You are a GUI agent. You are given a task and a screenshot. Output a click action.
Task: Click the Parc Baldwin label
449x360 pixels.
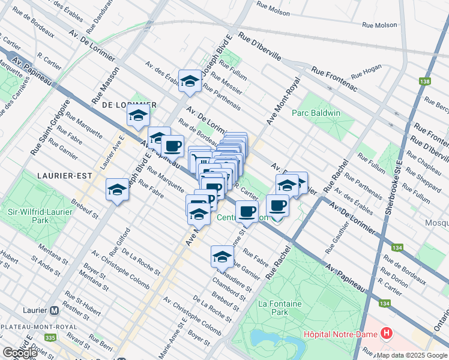point(316,113)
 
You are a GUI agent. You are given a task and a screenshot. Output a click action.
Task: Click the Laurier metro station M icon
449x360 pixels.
point(55,311)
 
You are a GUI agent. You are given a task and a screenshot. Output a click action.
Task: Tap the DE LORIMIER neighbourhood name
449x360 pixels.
point(129,104)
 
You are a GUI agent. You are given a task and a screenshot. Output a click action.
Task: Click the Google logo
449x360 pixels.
point(20,353)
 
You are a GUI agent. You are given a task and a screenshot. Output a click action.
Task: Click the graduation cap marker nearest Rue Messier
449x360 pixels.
point(190,81)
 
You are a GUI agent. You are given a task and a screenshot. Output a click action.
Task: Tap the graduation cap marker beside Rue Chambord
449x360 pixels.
point(222,256)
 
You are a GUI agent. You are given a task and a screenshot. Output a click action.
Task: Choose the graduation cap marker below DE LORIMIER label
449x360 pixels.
point(138,115)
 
